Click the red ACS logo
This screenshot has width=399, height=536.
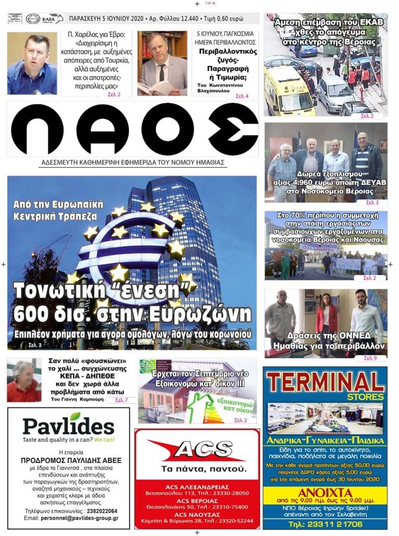pyautogui.click(x=197, y=451)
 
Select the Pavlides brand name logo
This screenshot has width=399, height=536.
pyautogui.click(x=68, y=425)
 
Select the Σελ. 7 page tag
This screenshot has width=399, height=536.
pyautogui.click(x=122, y=400)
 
